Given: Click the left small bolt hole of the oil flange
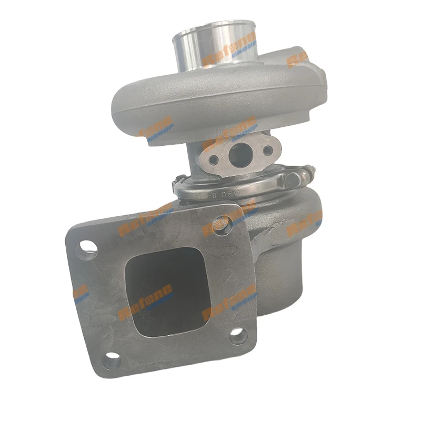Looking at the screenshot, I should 213,159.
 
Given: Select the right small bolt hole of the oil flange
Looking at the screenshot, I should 267,151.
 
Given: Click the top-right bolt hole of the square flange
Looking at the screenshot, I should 224,226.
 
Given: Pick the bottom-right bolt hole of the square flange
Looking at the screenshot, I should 239,335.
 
